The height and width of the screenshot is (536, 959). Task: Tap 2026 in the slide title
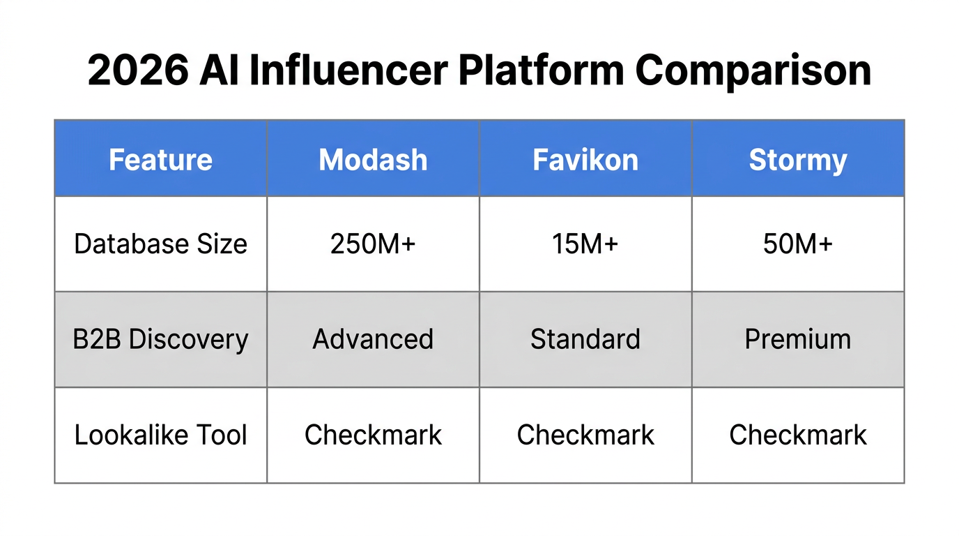137,70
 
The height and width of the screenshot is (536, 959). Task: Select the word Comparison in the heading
753,70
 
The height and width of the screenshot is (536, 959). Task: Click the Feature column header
160,160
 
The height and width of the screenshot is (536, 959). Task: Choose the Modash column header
373,160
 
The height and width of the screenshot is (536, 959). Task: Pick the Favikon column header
585,160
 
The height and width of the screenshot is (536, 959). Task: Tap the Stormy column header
798,160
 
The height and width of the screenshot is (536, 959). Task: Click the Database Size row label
160,244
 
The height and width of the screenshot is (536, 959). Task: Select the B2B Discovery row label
160,339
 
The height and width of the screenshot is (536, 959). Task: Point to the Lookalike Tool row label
160,435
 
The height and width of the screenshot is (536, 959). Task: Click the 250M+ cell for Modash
373,244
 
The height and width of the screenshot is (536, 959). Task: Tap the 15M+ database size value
585,244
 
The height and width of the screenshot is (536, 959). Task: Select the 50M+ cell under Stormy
798,244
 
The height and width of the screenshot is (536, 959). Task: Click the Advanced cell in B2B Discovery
373,339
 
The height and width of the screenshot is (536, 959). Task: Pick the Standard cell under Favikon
585,339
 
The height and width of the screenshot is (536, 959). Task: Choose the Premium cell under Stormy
798,339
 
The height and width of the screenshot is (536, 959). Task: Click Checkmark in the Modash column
373,435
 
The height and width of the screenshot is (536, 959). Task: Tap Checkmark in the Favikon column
585,435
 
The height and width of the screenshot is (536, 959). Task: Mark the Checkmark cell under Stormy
798,435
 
